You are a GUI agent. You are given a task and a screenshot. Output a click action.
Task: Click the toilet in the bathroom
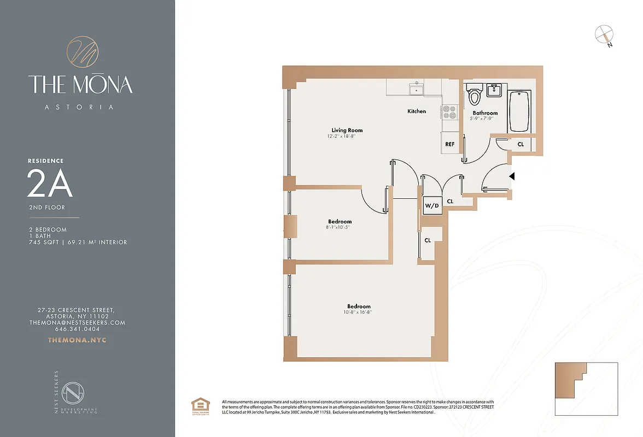[474, 96]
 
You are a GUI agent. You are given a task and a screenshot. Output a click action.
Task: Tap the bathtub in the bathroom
[520, 111]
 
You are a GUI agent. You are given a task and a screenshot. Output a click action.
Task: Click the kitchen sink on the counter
[416, 88]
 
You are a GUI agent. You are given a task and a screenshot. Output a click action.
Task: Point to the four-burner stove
[449, 111]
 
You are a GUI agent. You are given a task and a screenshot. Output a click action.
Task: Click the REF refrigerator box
[449, 144]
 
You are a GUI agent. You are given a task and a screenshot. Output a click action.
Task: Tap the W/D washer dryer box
[432, 206]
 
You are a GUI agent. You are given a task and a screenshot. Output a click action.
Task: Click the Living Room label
[347, 130]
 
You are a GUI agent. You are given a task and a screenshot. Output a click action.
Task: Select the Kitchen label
[417, 111]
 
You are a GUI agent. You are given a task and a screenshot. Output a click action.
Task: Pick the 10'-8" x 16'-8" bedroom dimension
[359, 312]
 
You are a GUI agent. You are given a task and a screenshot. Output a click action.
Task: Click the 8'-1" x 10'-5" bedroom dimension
[340, 227]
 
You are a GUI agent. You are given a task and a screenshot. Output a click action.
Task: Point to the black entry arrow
[512, 176]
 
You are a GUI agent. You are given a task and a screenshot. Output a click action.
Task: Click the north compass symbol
[603, 34]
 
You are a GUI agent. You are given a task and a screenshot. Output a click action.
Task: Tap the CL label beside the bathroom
[521, 145]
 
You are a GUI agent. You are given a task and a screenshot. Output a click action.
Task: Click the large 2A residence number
[50, 186]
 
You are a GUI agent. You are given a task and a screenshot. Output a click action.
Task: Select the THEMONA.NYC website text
[77, 340]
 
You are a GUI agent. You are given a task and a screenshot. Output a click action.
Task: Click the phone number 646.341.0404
[77, 329]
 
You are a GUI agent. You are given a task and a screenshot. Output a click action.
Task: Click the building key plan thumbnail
[586, 388]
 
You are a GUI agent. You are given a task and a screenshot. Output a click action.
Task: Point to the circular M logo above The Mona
[82, 53]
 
